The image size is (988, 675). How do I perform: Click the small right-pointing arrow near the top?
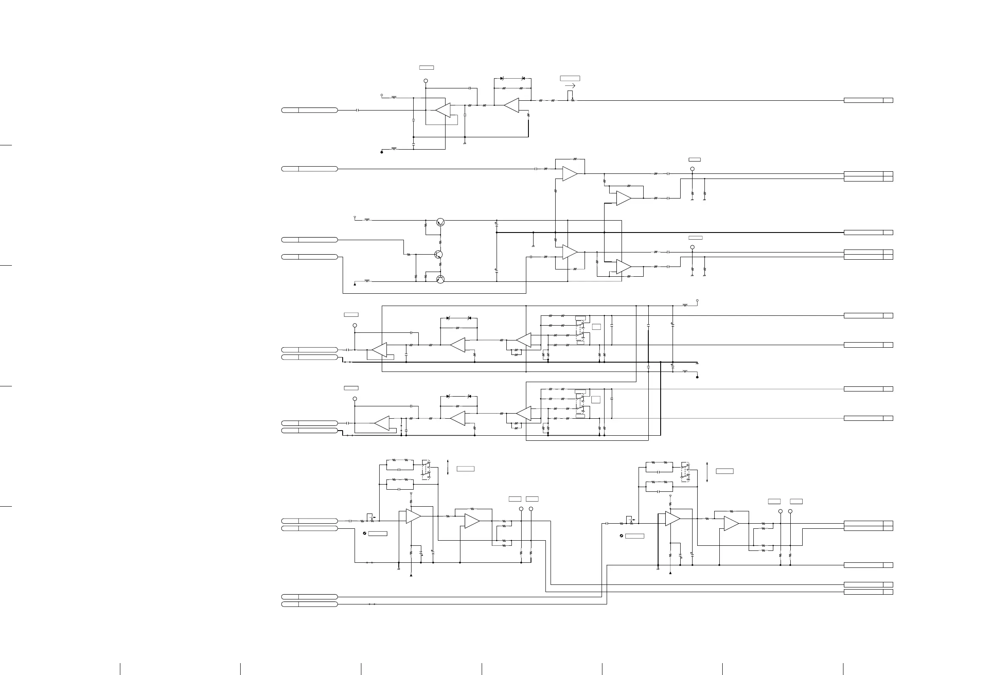(x=571, y=86)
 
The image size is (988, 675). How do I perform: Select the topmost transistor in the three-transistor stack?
(x=440, y=222)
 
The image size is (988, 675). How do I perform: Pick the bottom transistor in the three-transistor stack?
(x=440, y=279)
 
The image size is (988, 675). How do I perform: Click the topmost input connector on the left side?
(x=309, y=110)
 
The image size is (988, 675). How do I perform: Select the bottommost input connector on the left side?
(x=309, y=604)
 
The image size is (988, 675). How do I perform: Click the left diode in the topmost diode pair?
(x=502, y=79)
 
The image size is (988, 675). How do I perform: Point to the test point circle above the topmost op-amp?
(x=426, y=81)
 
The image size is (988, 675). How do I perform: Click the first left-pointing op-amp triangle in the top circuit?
(x=443, y=110)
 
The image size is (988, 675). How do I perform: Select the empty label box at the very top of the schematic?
(x=426, y=68)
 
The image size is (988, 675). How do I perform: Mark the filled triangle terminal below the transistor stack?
(x=355, y=284)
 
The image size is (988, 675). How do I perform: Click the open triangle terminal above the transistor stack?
(x=355, y=218)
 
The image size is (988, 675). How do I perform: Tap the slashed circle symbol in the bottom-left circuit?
(x=365, y=533)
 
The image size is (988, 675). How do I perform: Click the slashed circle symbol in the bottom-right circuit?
(x=622, y=536)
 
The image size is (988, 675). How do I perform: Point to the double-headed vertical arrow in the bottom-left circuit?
(x=448, y=468)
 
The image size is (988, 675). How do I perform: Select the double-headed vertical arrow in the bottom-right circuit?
(x=707, y=472)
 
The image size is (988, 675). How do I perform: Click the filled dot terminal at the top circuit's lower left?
(x=382, y=152)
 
